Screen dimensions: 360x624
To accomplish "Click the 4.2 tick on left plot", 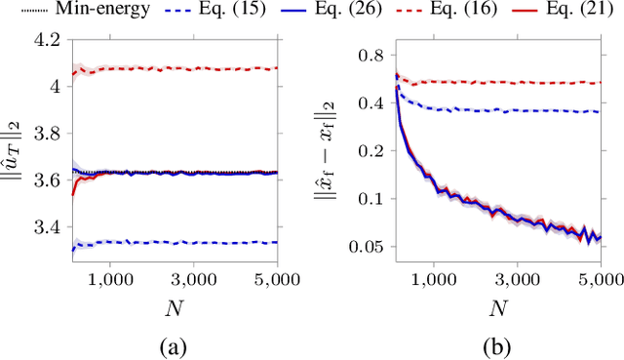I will click(x=45, y=40).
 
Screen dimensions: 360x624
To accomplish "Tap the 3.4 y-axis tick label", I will click(x=45, y=227).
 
